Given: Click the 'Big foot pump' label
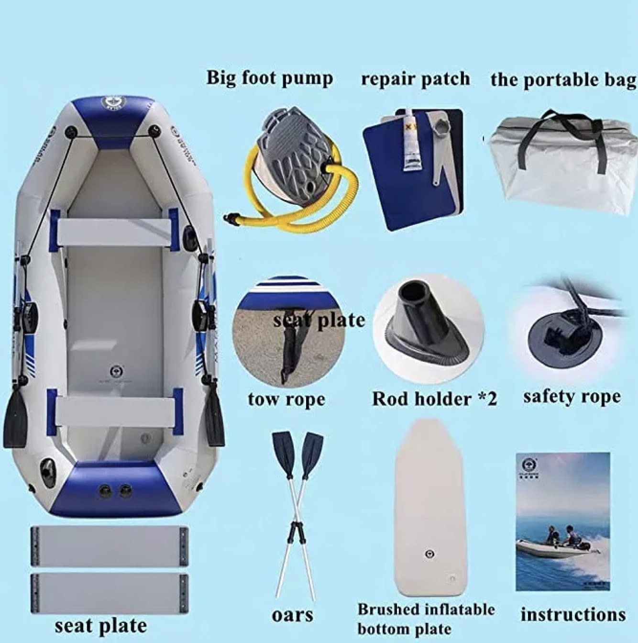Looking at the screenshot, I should coord(269,78).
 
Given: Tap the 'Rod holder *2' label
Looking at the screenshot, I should coord(434,399).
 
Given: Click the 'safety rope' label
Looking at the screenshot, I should coord(572,397).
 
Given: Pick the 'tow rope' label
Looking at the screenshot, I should coord(286,399).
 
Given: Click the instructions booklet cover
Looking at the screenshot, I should coord(562,521).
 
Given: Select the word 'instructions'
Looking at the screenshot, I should coord(573,614).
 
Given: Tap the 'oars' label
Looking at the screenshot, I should coord(292,615).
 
